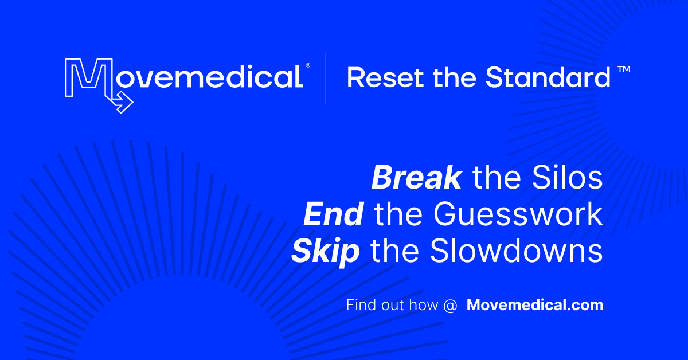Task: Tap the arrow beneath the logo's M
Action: tap(122, 103)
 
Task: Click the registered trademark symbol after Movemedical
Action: tap(308, 66)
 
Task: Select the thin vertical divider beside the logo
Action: tap(326, 79)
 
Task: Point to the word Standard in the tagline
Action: tap(548, 78)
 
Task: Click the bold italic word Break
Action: tap(416, 178)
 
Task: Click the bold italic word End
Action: tap(333, 215)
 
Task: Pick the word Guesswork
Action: tap(518, 215)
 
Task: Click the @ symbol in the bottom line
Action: tap(450, 305)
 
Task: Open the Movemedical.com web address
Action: tap(535, 305)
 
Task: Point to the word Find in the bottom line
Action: tap(359, 305)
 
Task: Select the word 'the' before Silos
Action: tap(497, 178)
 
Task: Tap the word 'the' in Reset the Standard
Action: tap(455, 78)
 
